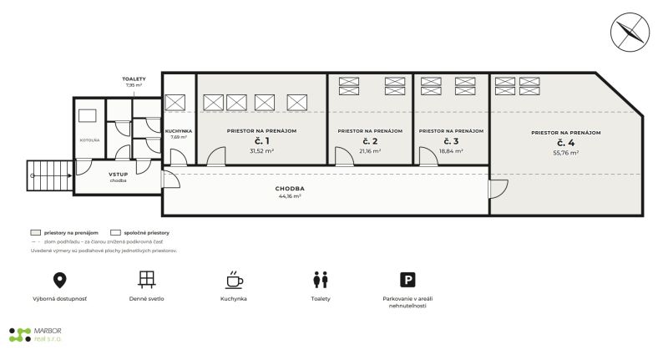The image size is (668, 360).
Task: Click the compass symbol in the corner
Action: tap(630, 32)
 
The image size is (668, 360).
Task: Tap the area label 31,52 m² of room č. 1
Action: tap(261, 151)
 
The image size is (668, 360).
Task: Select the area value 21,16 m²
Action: tap(370, 151)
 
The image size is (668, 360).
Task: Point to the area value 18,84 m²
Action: tap(451, 151)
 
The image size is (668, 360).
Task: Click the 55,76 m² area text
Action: tap(566, 153)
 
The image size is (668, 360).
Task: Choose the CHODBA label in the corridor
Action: tap(290, 188)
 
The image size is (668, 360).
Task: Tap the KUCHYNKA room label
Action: tap(179, 131)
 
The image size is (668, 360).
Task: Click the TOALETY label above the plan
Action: tap(134, 79)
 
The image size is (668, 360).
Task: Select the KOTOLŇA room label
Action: tap(89, 140)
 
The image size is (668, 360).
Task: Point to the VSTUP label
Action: tap(118, 175)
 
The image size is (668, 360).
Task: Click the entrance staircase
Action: tap(50, 175)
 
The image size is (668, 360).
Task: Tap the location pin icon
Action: tap(59, 280)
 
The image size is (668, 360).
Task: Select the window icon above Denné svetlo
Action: tap(147, 280)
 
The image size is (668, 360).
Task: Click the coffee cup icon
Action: tap(234, 280)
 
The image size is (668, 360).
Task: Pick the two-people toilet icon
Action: tap(321, 280)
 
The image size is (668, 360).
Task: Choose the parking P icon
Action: tap(407, 280)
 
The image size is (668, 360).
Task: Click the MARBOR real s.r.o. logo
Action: tap(35, 335)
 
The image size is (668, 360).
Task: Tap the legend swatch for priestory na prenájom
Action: tap(35, 232)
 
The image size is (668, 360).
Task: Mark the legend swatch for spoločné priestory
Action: tap(115, 232)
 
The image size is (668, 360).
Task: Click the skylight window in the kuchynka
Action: tap(175, 103)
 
